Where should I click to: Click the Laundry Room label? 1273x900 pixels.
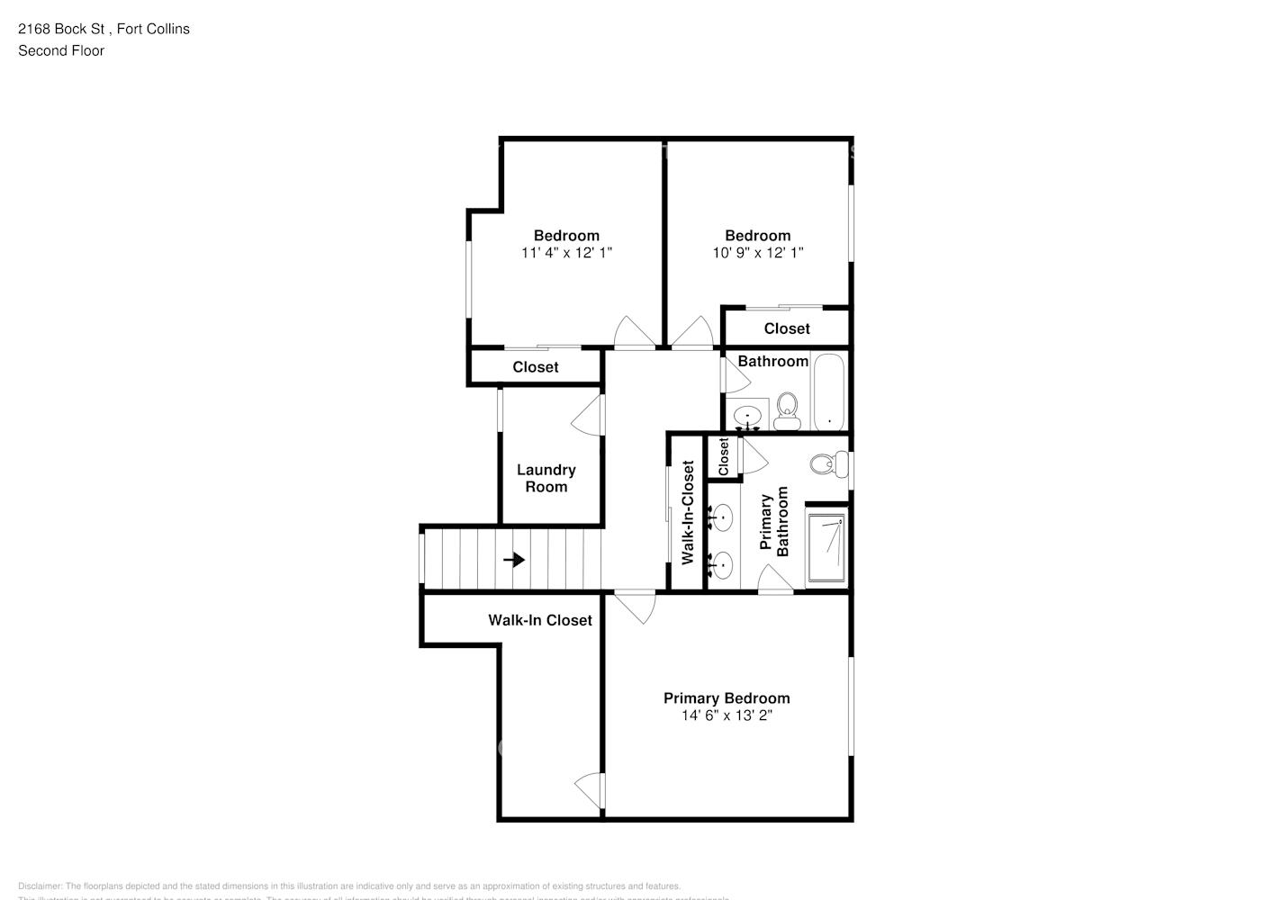(546, 478)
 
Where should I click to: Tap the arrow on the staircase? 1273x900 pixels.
(514, 560)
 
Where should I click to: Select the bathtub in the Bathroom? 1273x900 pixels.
(829, 392)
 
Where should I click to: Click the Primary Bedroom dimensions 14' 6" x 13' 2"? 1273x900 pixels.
(727, 716)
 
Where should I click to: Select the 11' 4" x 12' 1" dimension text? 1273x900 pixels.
(566, 253)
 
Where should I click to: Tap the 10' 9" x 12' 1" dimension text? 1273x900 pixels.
(757, 253)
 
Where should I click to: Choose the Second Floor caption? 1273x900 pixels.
(61, 50)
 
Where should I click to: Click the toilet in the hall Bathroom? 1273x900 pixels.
(788, 410)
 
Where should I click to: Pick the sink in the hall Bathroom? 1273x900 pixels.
(747, 417)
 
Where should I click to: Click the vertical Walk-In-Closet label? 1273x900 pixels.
(688, 513)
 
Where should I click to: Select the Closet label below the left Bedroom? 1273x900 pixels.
(536, 367)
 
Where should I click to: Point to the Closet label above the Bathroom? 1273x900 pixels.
(787, 328)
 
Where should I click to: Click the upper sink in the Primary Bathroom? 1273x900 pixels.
(722, 517)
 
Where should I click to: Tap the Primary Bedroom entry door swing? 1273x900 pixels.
(637, 607)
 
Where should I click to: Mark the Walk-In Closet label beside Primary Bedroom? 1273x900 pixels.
(540, 620)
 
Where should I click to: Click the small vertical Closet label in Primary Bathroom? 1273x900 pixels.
(723, 457)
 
